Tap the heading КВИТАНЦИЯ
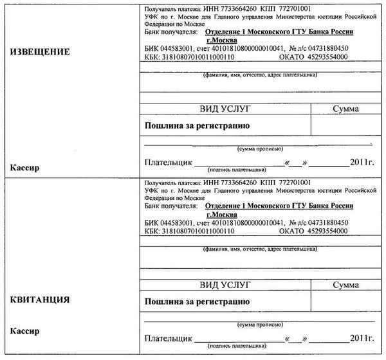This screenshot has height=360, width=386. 40,300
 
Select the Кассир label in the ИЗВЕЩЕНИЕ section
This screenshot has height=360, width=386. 25,168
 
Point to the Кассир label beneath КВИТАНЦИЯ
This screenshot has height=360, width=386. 25,332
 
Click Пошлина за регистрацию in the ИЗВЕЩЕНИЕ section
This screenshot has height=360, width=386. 197,125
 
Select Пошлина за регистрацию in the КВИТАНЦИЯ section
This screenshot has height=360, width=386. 197,300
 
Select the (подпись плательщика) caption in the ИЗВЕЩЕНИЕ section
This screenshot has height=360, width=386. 236,170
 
